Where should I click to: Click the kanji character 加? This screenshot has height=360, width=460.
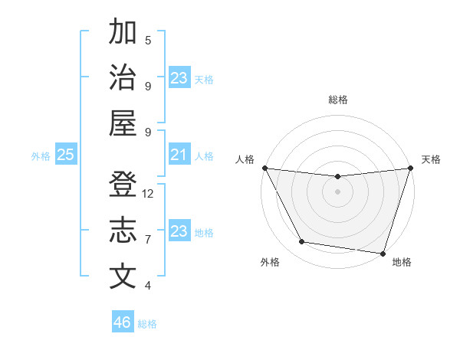pos(123,34)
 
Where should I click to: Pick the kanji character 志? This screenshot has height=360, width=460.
pos(123,231)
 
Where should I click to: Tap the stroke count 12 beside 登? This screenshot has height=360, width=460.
pos(148,194)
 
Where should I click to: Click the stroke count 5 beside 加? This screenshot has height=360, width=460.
pos(148,40)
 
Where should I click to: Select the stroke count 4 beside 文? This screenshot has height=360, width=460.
pos(148,286)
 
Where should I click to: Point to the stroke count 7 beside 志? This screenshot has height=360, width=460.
pos(148,240)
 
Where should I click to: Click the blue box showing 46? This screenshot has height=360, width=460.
pos(123,322)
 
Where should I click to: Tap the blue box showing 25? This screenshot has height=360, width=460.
pos(65,155)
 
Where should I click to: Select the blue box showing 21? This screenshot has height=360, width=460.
pos(179,155)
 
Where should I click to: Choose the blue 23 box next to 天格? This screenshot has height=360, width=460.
pos(179,78)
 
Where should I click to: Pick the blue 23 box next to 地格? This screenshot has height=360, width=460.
pos(179,231)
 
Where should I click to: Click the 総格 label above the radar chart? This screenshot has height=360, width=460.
pos(337,100)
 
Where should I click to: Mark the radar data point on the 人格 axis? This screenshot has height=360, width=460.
pos(264,168)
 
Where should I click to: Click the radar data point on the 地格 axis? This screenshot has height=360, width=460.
pos(383,253)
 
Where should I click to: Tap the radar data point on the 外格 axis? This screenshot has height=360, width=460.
pos(302,242)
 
